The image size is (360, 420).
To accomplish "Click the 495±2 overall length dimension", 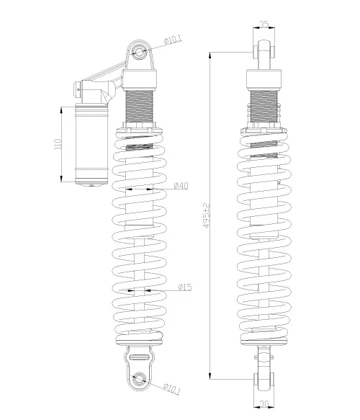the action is (207, 215).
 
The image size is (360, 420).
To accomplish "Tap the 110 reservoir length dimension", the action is (58, 144).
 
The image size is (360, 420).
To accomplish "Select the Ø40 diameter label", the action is (181, 185).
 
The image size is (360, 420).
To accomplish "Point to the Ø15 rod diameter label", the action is (185, 287).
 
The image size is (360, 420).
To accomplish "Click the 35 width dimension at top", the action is (264, 24).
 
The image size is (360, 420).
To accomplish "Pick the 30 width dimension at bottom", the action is (264, 403).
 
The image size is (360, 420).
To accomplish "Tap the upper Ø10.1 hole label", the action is (174, 40).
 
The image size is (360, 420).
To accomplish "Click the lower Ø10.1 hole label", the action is (172, 389).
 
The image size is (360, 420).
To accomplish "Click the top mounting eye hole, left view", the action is (139, 51).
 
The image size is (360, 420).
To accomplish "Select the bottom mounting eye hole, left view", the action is (139, 378).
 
